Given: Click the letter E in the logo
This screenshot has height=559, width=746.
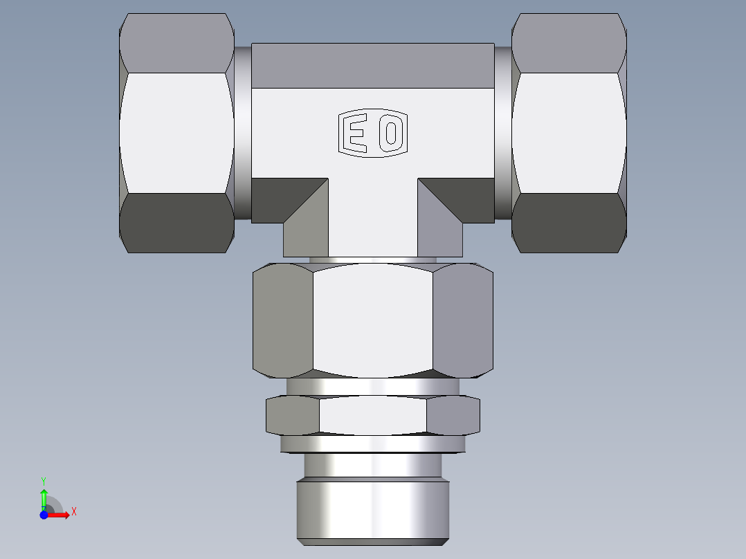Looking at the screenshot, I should (356, 133).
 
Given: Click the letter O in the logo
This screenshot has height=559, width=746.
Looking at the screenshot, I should (391, 133).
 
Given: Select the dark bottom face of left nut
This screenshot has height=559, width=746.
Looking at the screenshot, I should (176, 223).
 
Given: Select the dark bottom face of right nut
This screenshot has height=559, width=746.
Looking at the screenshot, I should (569, 223).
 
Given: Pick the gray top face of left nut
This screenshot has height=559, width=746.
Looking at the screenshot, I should (176, 43).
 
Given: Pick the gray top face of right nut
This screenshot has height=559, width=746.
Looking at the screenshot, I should (569, 43).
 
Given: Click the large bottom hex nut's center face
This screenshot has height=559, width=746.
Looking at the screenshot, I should (372, 322).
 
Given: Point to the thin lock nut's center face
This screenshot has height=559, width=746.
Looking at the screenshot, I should (372, 416).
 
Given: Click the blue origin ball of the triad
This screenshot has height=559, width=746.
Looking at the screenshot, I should (44, 515).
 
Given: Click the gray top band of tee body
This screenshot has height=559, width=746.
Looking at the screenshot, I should (372, 66).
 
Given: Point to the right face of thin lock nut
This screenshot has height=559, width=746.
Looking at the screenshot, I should (453, 416).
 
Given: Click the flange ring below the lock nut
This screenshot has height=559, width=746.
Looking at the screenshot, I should (372, 443).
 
